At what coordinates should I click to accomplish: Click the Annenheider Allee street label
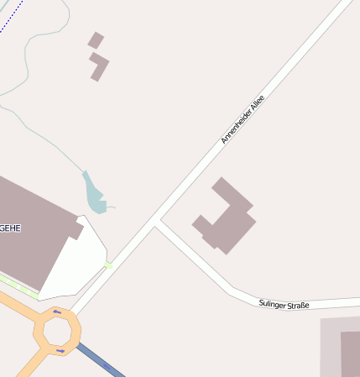tap(242, 118)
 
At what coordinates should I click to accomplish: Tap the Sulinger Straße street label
tap(284, 304)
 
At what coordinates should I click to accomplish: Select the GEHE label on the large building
tap(10, 228)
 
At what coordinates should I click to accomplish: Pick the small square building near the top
tap(96, 39)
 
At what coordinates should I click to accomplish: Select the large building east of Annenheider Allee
tap(225, 217)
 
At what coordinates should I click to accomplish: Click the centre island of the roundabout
tap(57, 331)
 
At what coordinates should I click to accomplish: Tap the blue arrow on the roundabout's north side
tap(57, 312)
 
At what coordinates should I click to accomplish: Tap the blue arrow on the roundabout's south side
tap(60, 350)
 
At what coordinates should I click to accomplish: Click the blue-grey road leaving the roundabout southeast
tap(102, 361)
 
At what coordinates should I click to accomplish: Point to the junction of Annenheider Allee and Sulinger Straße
tap(157, 223)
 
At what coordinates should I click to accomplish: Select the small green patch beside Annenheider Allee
tap(107, 266)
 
